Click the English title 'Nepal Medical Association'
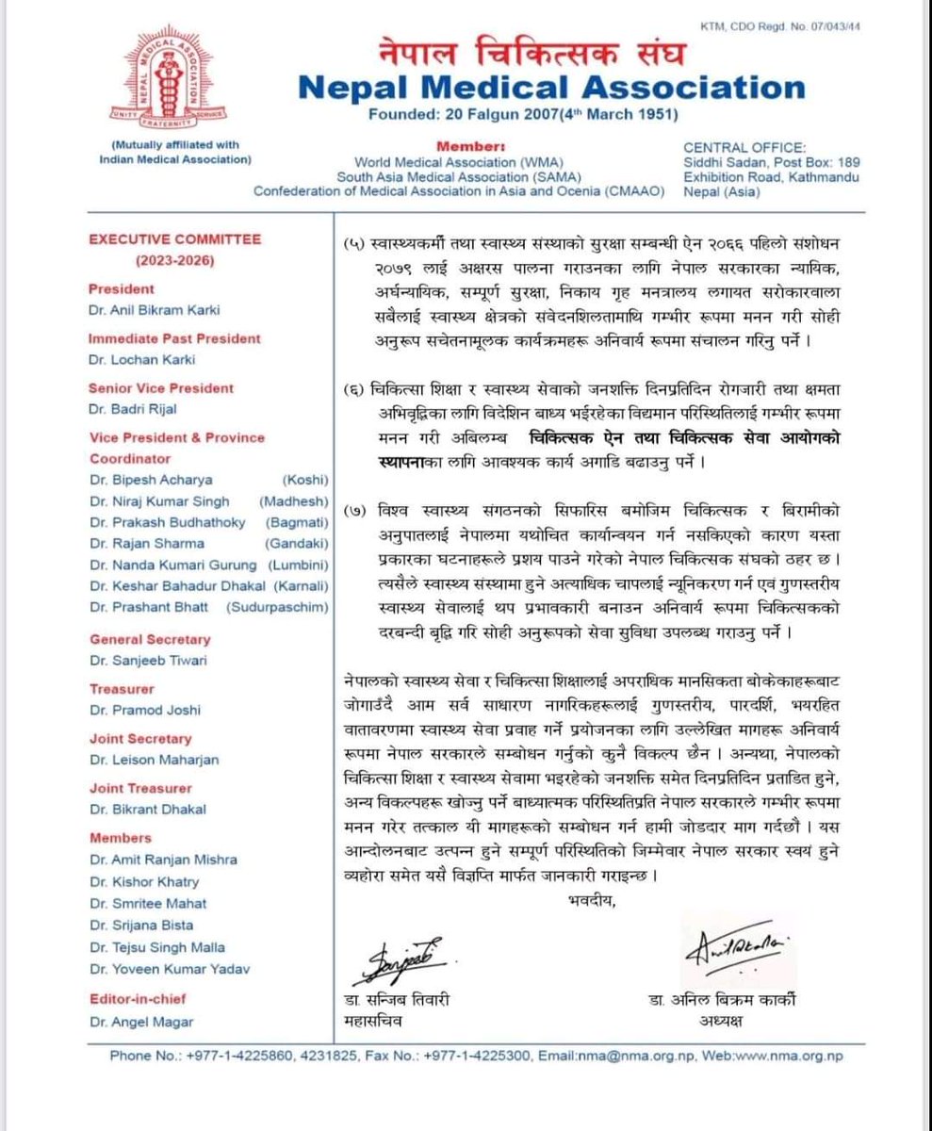tap(551, 88)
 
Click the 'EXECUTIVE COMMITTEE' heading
tap(174, 239)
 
